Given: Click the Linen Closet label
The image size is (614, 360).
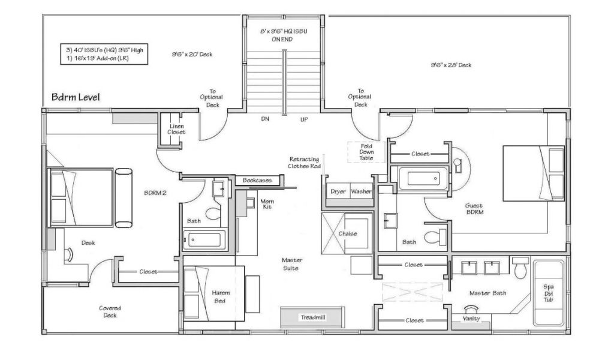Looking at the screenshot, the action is point(176,129).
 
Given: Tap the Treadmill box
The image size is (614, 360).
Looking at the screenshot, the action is point(312,317).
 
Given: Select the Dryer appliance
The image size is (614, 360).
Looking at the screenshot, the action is point(338,191).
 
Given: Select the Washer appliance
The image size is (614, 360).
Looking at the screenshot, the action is point(361,191).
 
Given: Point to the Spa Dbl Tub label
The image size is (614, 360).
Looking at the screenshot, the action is point(548,293).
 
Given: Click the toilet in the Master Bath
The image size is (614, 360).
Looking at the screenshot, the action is point(520,267).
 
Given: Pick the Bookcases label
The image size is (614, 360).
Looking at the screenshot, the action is point(257,180).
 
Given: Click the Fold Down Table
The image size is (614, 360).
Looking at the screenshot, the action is point(366,152).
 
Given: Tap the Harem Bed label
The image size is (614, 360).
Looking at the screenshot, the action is point(220,297).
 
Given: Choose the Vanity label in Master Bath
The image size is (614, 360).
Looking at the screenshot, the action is point(471,319).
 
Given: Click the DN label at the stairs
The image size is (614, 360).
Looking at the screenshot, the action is point(265,119).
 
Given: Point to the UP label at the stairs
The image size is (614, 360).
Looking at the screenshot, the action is point(304,119).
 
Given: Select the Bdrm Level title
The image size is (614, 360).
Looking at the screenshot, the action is point(76,97).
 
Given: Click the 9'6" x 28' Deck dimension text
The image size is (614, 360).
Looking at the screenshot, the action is point(451,65).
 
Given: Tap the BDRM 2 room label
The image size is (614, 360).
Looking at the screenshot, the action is point(155,193).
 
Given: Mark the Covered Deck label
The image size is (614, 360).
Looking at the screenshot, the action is point(110,311).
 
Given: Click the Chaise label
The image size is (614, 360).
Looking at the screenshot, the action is point(348,233).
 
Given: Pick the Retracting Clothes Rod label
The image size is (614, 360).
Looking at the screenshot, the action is point(304,163).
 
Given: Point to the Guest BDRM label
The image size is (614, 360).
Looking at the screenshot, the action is point(474,209).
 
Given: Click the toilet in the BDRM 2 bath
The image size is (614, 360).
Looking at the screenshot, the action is point(213,214).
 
